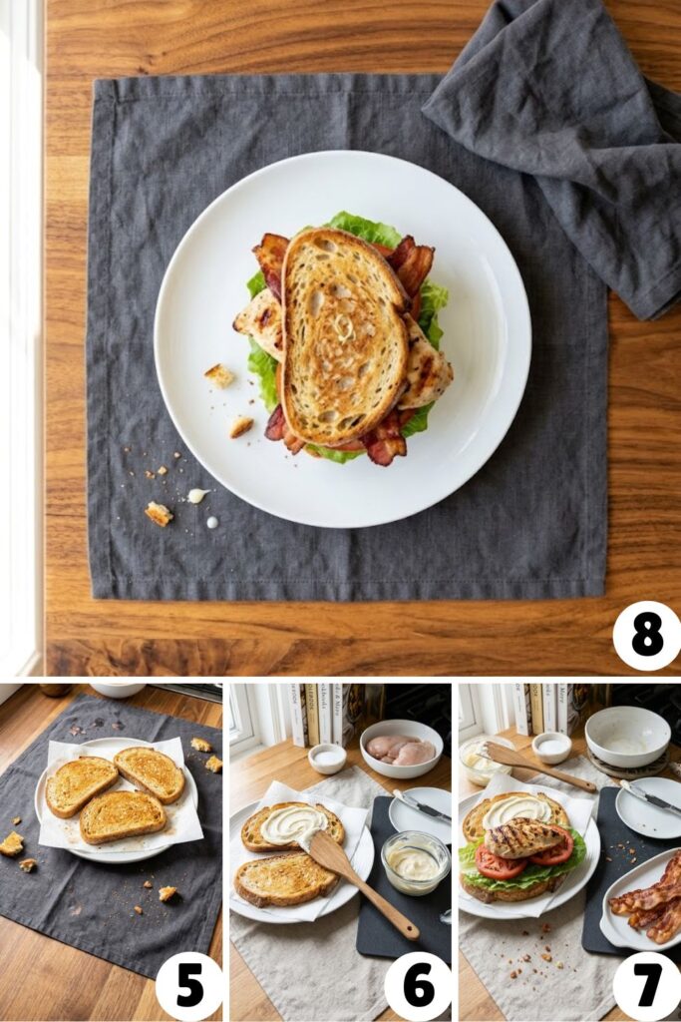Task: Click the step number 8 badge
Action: pyautogui.click(x=646, y=636)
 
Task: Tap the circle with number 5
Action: pyautogui.click(x=189, y=986)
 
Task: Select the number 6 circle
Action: pyautogui.click(x=418, y=986)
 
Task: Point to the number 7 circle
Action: pyautogui.click(x=646, y=986)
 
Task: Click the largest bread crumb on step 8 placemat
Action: pyautogui.click(x=158, y=513)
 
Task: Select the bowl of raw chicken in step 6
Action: pyautogui.click(x=401, y=749)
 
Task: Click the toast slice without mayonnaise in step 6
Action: pyautogui.click(x=286, y=878)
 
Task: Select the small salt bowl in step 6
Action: pyautogui.click(x=327, y=758)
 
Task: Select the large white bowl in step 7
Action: pyautogui.click(x=627, y=738)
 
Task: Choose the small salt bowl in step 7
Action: pyautogui.click(x=551, y=747)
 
